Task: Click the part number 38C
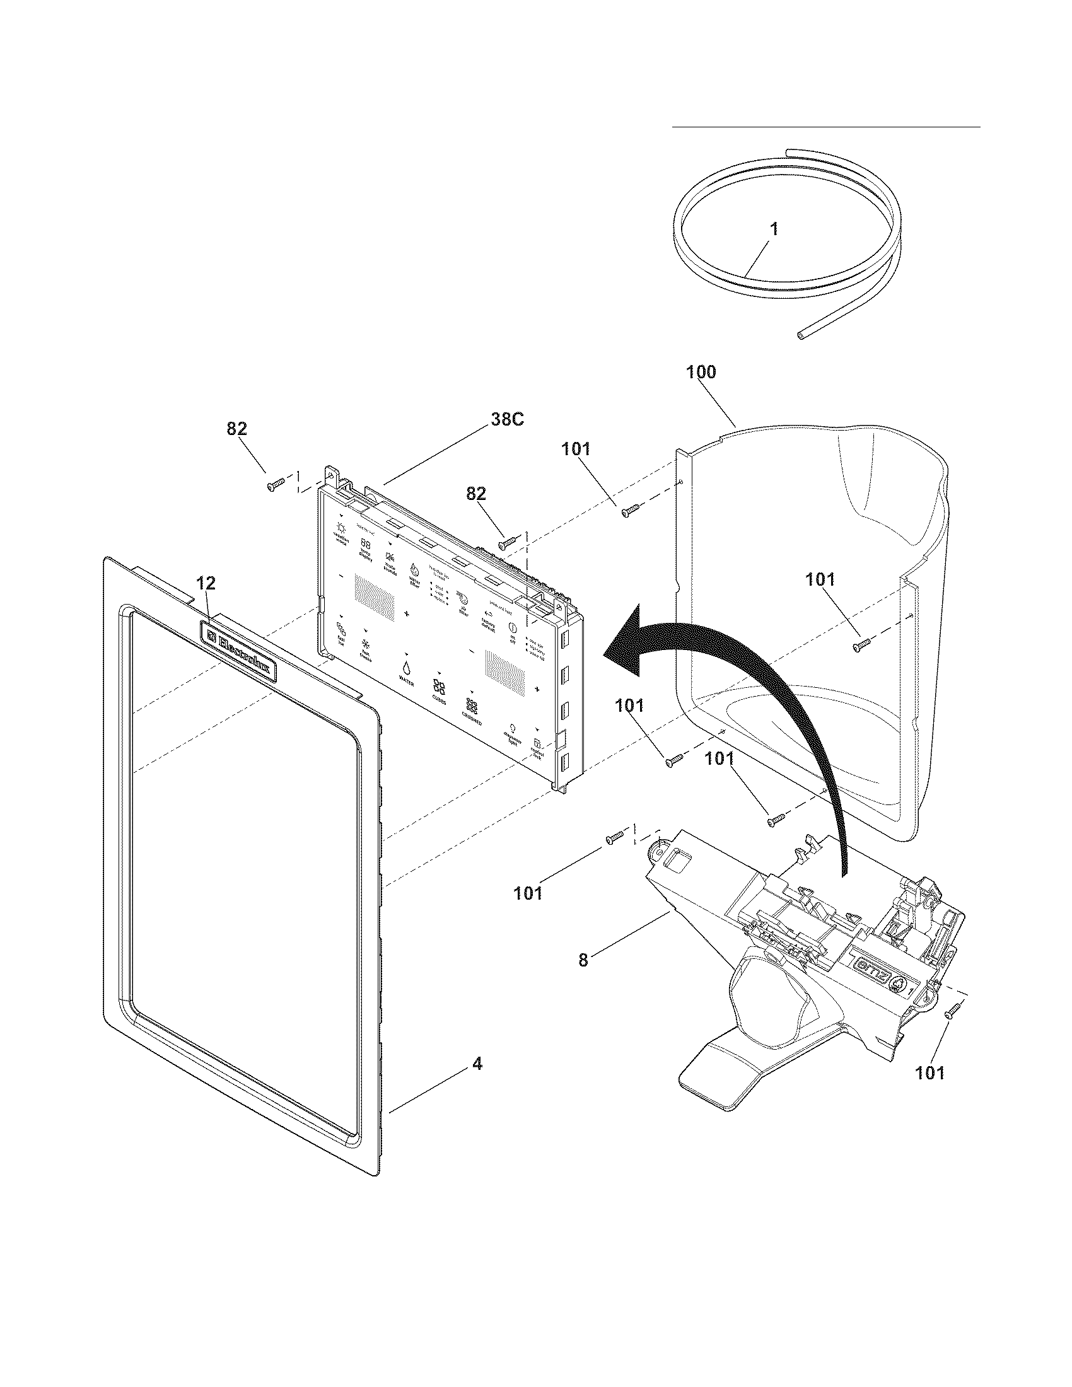click(506, 420)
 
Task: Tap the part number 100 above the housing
click(701, 372)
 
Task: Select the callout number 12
click(206, 583)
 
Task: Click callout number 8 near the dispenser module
click(583, 960)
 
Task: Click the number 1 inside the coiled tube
click(774, 229)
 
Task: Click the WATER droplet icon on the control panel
click(405, 668)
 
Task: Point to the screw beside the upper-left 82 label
click(275, 486)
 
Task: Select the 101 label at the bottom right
click(929, 1072)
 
